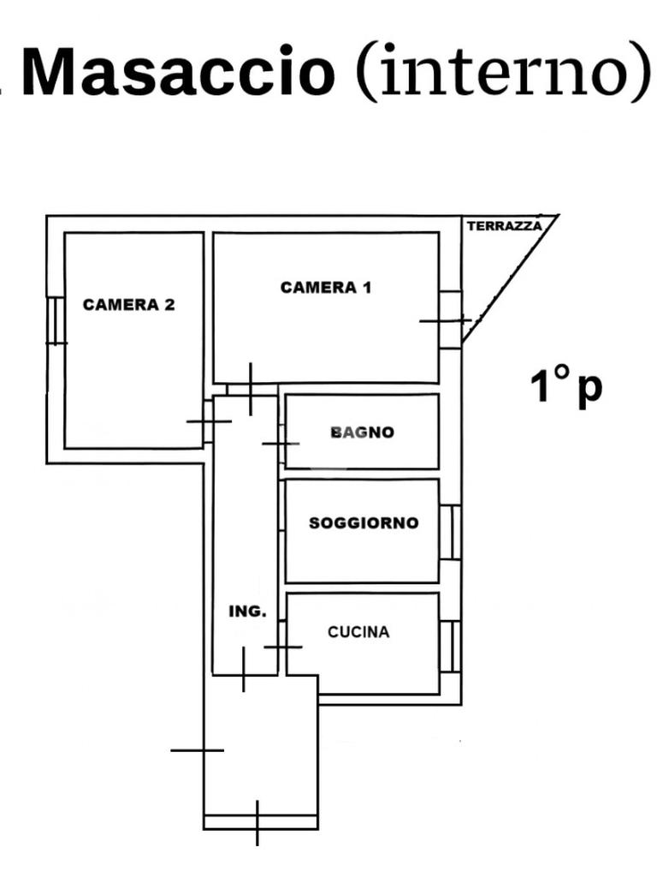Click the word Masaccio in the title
[x=178, y=72]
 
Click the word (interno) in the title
[x=503, y=72]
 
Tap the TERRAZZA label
[x=505, y=226]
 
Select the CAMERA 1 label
[x=326, y=288]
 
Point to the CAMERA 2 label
[x=128, y=304]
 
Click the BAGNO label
[x=363, y=433]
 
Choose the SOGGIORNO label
[x=364, y=522]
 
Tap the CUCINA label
[x=358, y=632]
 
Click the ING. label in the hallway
[x=248, y=612]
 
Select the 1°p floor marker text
[x=566, y=386]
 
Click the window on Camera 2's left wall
[x=56, y=320]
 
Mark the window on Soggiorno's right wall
[x=451, y=532]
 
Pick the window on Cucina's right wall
[x=451, y=646]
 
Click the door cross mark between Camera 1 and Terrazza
[x=445, y=320]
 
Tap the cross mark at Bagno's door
[x=281, y=444]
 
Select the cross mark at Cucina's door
[x=282, y=647]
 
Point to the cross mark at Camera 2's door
[x=209, y=421]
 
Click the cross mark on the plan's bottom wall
[x=257, y=823]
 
